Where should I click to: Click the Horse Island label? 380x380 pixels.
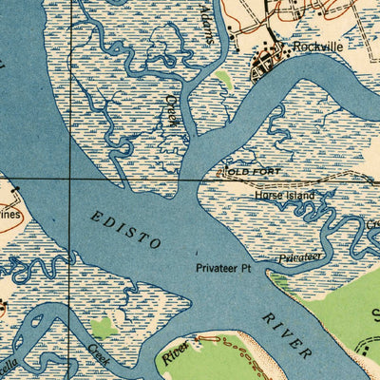point(283,195)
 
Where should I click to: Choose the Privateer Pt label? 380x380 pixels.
point(222,268)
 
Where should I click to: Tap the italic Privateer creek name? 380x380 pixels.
point(301,257)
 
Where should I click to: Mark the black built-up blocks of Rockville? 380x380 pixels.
point(265,65)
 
